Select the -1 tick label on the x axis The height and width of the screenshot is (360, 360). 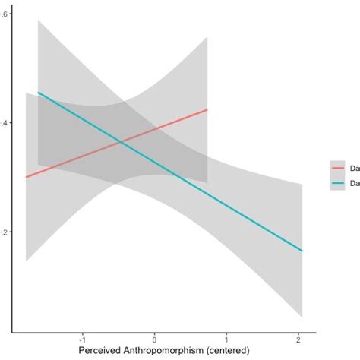click(x=81, y=339)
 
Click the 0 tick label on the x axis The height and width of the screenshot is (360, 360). click(x=155, y=339)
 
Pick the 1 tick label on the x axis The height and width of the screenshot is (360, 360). click(x=228, y=339)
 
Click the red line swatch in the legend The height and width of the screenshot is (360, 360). click(x=336, y=169)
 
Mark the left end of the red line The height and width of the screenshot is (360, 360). click(x=26, y=177)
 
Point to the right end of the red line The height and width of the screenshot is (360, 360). click(x=207, y=109)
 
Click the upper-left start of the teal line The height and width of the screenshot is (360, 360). click(x=38, y=92)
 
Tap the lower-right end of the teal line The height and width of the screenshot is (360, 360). click(x=303, y=251)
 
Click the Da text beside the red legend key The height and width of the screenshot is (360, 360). click(x=353, y=169)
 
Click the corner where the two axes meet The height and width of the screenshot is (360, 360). click(x=13, y=331)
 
